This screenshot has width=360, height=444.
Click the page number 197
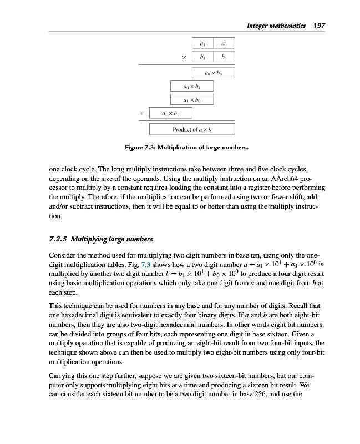319,26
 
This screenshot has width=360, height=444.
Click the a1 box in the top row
202,43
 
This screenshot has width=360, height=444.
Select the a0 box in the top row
224,43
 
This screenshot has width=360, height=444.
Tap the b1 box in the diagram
202,57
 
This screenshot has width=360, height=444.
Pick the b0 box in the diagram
224,57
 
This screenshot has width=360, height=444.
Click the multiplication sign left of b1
183,57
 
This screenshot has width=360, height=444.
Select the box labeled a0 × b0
213,73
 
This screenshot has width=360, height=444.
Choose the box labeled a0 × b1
191,87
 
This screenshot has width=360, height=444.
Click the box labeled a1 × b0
191,100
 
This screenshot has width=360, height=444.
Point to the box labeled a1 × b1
170,113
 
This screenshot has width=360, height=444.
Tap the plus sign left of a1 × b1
141,114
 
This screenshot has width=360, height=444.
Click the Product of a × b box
192,129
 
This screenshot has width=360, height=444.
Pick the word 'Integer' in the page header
259,26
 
